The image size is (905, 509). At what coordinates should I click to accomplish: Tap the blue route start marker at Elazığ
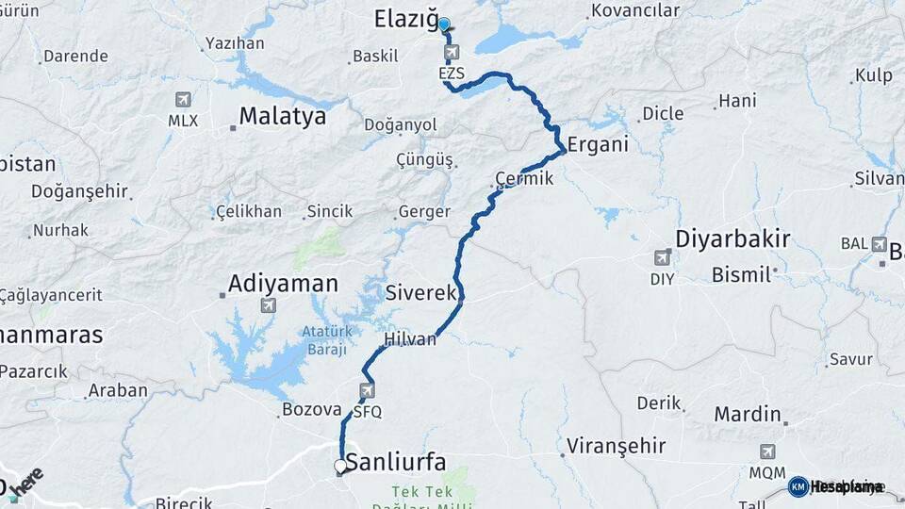(444, 25)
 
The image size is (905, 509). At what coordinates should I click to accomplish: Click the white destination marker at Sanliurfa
(341, 466)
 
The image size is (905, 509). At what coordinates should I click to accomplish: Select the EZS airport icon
(452, 52)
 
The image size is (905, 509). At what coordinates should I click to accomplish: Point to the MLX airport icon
(182, 100)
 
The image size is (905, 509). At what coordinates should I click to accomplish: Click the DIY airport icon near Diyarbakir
(663, 257)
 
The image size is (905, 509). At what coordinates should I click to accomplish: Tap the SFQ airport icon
(367, 390)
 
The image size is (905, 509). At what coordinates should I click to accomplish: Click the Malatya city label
(282, 116)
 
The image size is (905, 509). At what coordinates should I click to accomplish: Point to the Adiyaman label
(283, 283)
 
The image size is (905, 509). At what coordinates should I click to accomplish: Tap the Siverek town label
(420, 293)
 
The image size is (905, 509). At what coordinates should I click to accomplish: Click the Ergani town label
(596, 146)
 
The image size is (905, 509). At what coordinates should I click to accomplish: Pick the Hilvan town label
(410, 339)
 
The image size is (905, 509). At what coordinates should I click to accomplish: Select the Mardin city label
(748, 414)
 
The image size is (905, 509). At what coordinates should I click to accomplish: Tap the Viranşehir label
(617, 446)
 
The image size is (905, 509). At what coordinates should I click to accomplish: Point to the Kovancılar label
(634, 10)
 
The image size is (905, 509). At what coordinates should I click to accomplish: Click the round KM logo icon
(798, 486)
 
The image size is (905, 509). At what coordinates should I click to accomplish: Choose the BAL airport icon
(879, 242)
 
